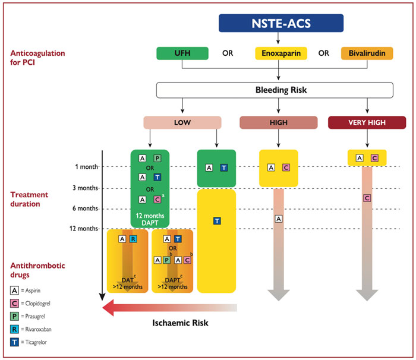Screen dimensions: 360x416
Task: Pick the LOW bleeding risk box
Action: [182, 122]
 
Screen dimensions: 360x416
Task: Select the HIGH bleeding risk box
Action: [278, 122]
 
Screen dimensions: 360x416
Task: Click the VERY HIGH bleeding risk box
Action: [367, 122]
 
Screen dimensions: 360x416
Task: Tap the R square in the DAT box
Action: [133, 239]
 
